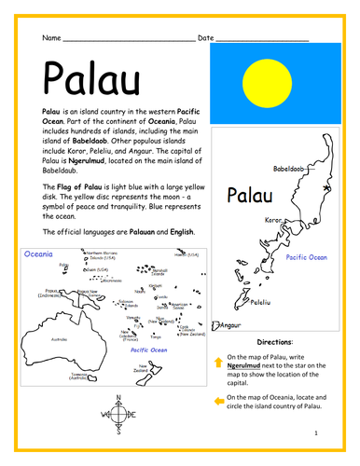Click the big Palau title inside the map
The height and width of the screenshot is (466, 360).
tap(256, 196)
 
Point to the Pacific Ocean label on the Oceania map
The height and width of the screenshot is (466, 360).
tap(148, 349)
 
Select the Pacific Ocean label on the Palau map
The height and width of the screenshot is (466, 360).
tap(307, 256)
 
